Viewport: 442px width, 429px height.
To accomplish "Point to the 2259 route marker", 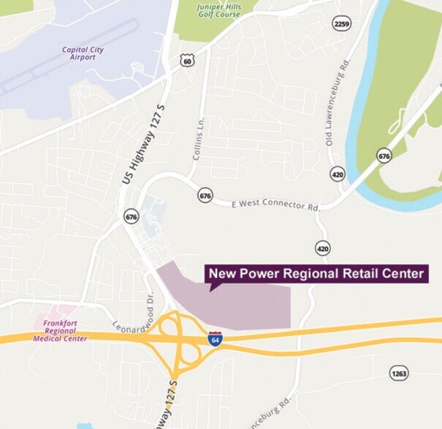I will coord(342,24).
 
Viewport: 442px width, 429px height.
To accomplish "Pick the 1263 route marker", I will coord(398,371).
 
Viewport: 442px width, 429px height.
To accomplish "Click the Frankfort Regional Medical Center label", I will coord(61,329).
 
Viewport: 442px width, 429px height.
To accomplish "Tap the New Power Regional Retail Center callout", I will coord(316,274).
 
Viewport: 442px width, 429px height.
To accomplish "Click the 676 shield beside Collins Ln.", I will coord(205,195).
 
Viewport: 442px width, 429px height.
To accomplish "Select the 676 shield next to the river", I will coord(384,155).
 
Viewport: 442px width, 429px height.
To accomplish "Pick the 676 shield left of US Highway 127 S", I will coord(132,216).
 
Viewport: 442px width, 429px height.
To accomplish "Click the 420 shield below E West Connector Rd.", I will coord(323,249).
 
